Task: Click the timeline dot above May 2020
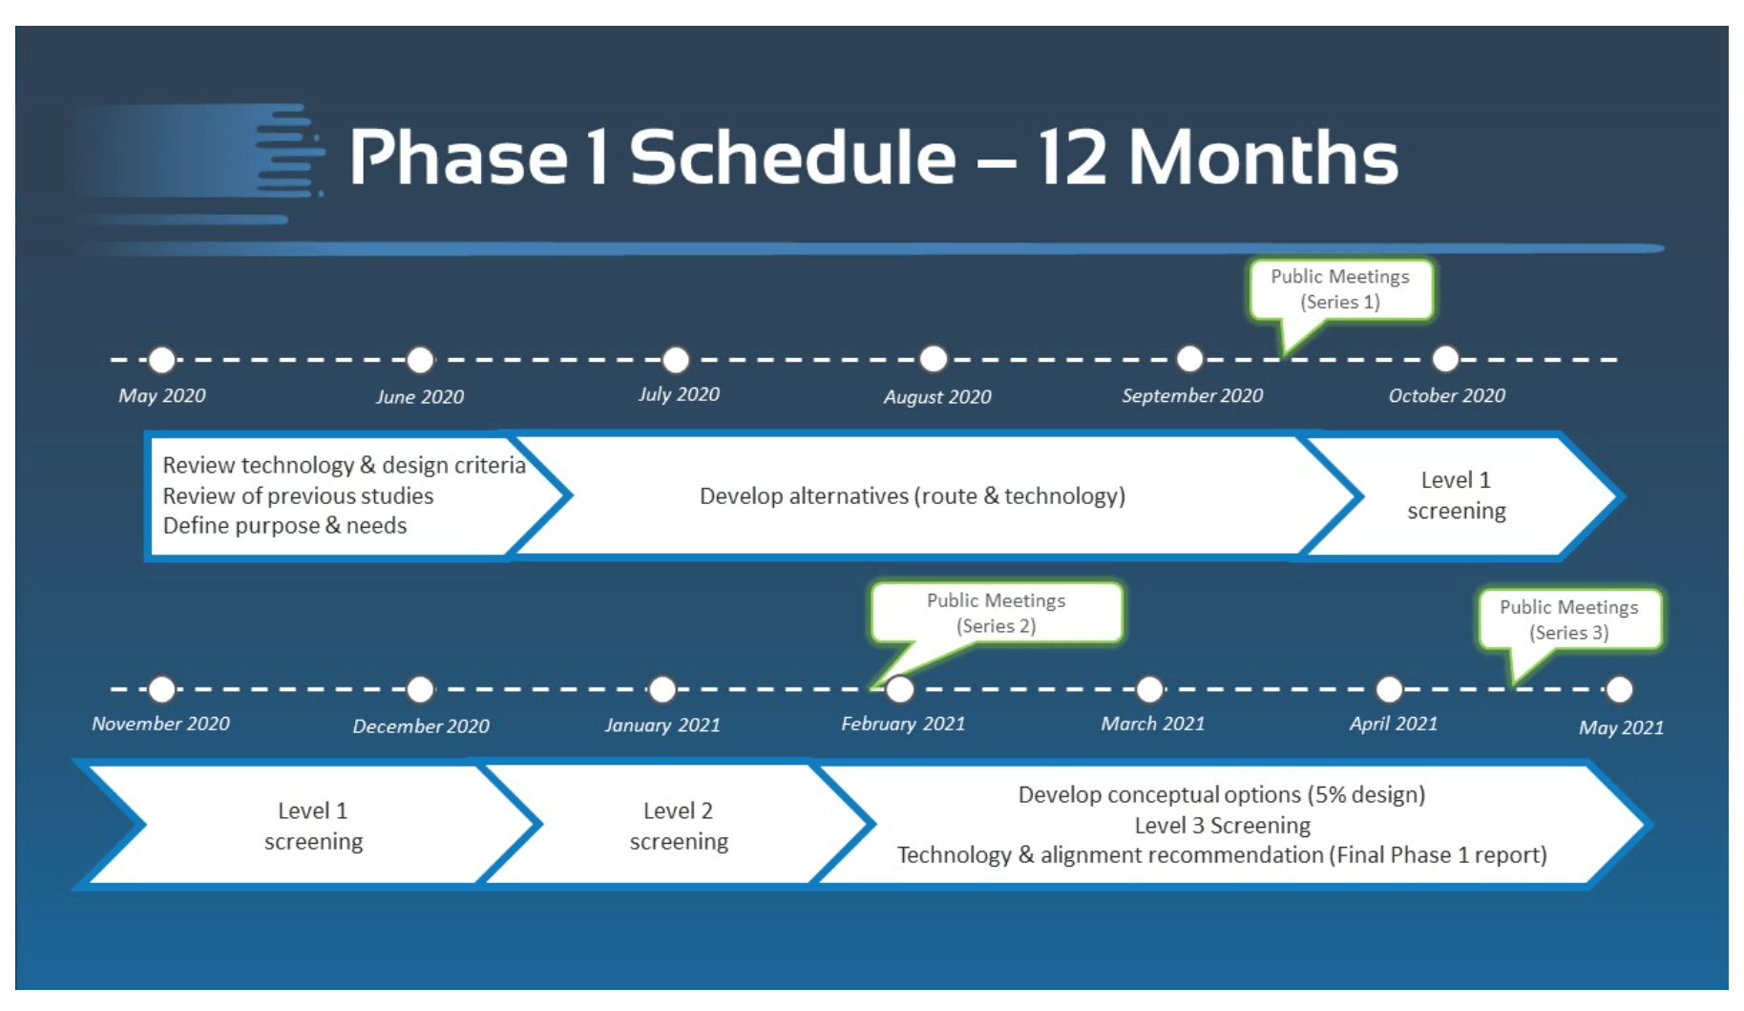(162, 360)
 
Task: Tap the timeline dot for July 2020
(676, 360)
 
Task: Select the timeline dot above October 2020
(1446, 359)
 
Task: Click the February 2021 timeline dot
(900, 688)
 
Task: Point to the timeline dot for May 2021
(1620, 688)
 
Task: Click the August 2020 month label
(937, 396)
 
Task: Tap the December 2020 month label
(421, 726)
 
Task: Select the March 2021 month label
(1153, 724)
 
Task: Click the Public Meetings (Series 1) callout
(1340, 290)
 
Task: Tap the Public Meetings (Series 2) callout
(997, 613)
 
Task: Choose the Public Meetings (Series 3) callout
(1569, 621)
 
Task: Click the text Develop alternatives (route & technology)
(913, 495)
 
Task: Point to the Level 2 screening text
(679, 826)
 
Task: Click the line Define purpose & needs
(284, 525)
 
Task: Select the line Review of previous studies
(298, 495)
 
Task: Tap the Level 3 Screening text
(1222, 825)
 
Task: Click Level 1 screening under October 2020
(1457, 495)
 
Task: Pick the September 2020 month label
(1192, 395)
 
